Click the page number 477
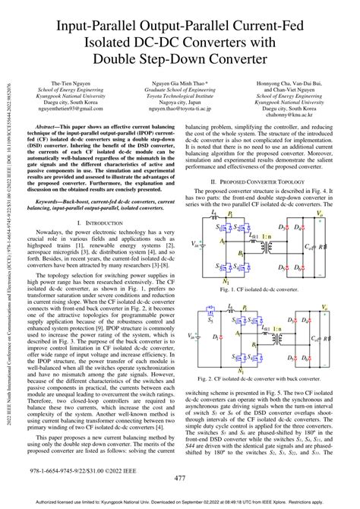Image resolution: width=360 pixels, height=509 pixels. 180,478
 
